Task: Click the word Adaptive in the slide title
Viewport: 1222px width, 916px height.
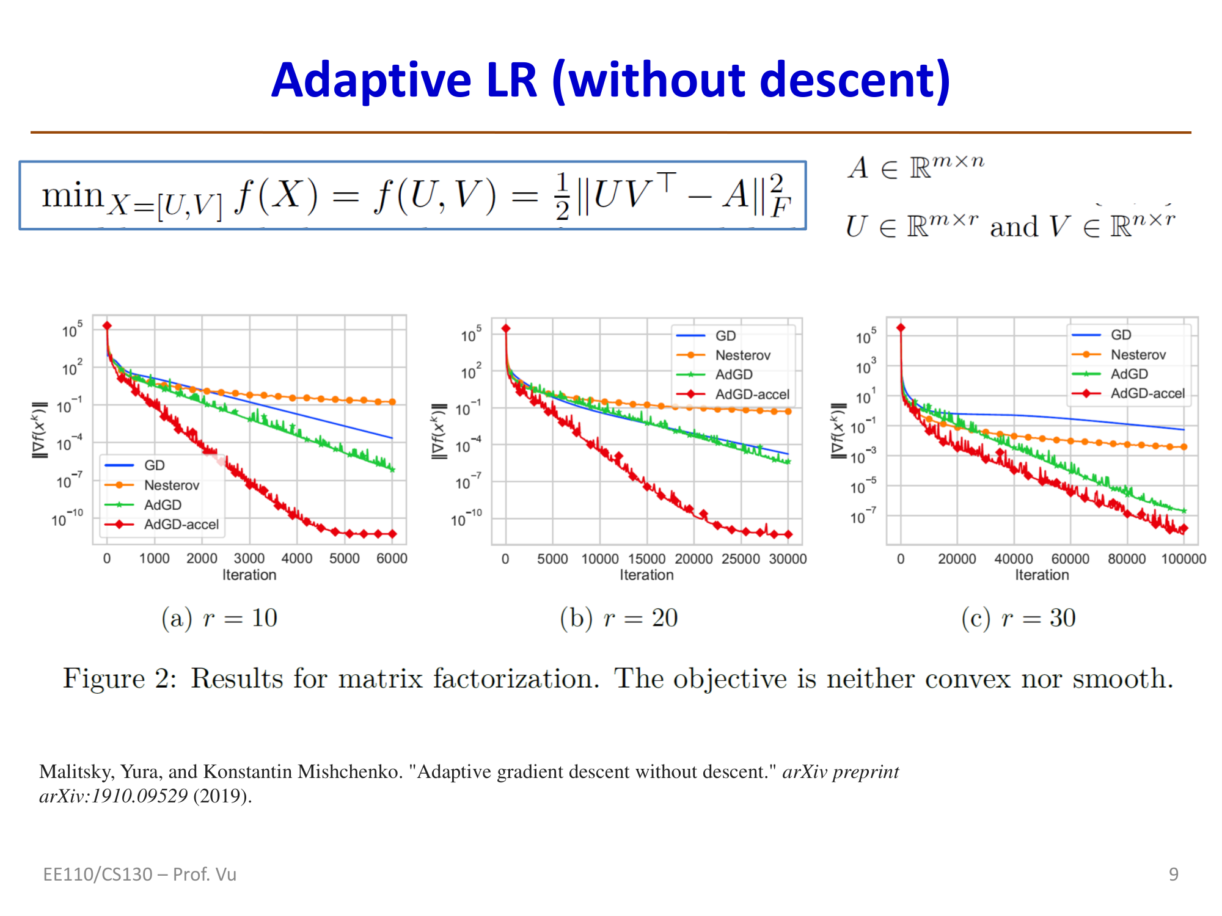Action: point(371,81)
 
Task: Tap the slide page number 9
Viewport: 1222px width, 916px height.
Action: point(1173,874)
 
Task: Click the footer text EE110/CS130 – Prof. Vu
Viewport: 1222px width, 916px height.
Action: point(139,874)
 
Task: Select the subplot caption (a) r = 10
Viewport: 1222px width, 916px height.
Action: point(219,618)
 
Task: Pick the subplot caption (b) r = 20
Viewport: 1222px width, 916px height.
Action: point(618,618)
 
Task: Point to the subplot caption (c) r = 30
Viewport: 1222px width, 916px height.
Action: point(1018,618)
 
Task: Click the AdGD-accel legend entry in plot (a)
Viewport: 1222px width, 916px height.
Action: point(181,525)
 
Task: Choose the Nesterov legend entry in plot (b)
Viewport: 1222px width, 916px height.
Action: point(742,355)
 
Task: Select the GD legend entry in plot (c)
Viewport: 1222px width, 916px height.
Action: point(1121,335)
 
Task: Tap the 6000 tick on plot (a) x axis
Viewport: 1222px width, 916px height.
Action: point(392,558)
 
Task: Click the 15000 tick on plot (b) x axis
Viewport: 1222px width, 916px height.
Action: point(646,559)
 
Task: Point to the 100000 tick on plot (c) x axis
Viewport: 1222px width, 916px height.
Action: point(1184,559)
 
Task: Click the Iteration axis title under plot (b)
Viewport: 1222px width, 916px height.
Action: point(646,575)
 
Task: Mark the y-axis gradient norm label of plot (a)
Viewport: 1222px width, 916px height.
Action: point(40,430)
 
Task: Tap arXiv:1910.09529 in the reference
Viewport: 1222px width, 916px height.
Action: point(113,796)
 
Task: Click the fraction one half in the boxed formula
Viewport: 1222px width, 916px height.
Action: point(562,195)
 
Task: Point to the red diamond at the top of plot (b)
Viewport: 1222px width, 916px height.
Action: point(506,329)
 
